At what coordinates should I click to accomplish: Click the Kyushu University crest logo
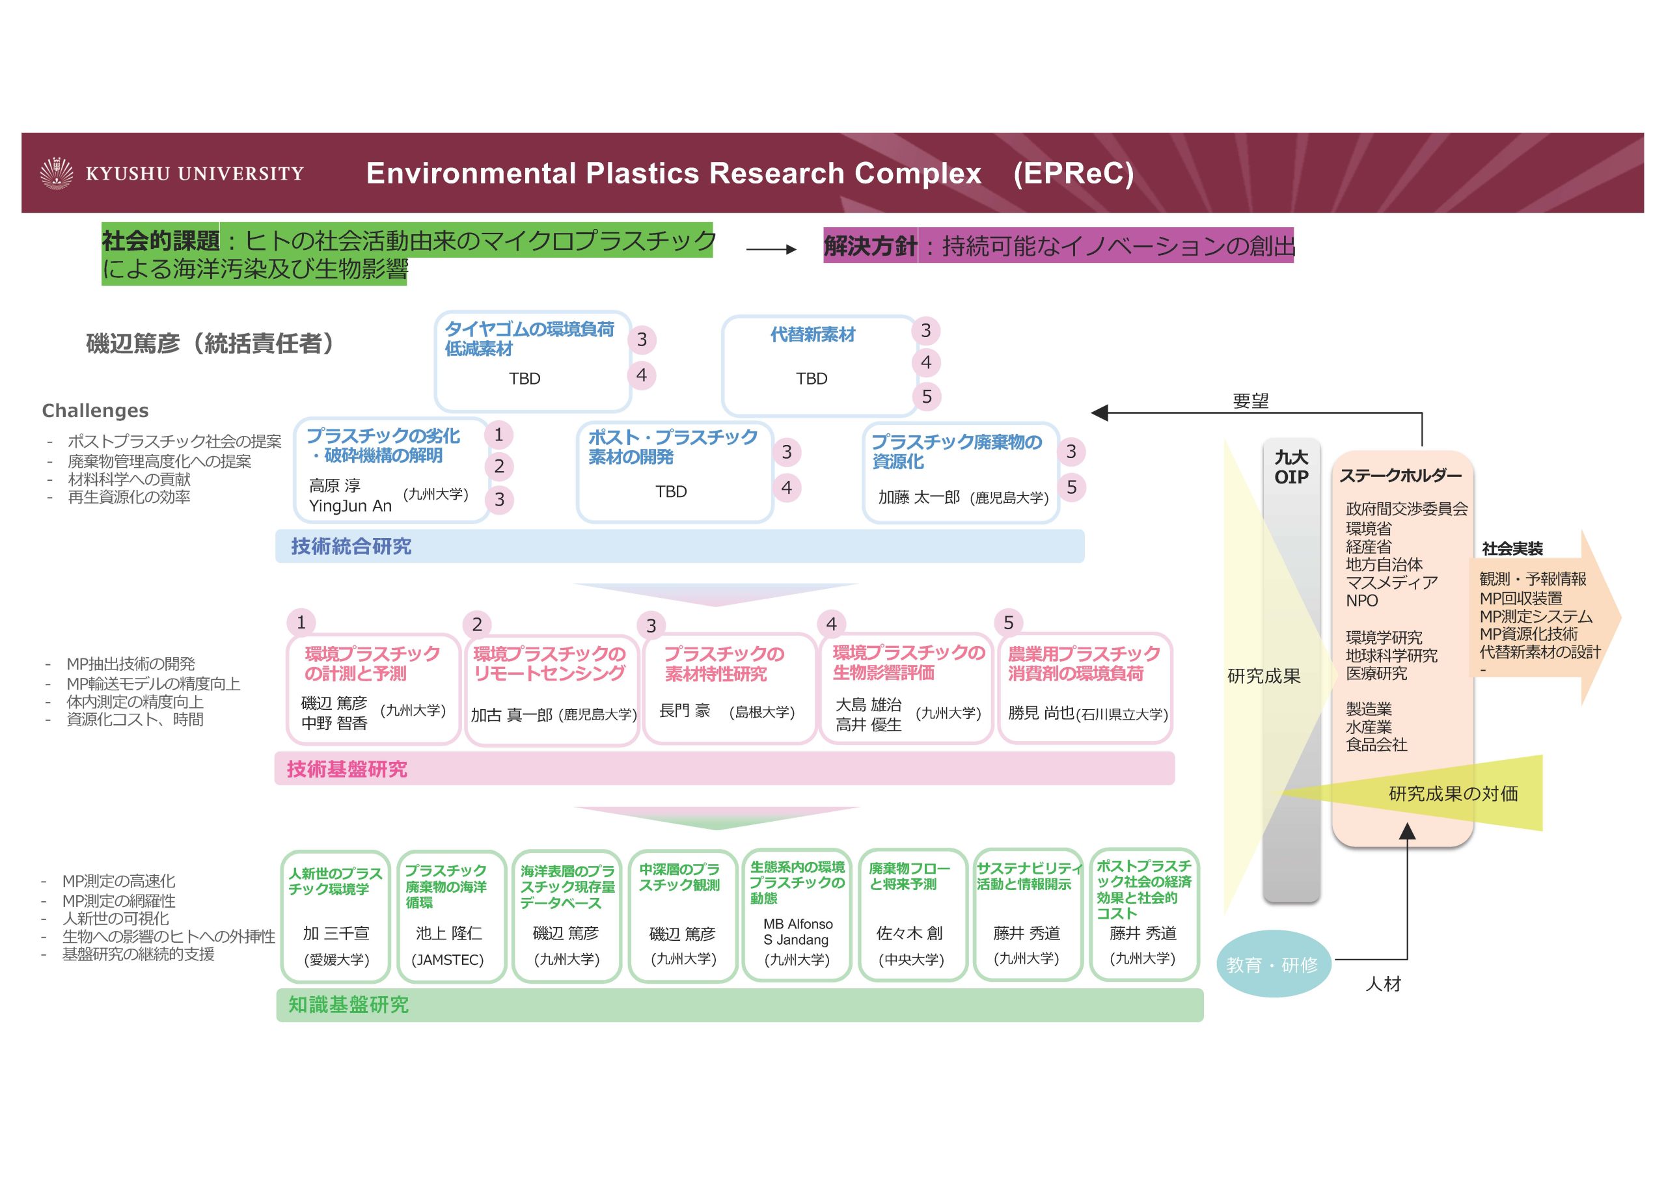point(57,174)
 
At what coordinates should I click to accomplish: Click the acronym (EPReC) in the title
point(1073,174)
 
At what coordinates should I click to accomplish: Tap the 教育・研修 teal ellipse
point(1272,964)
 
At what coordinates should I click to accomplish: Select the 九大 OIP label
point(1291,467)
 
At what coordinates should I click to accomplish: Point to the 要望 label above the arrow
point(1250,401)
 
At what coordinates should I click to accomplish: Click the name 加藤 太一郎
point(919,497)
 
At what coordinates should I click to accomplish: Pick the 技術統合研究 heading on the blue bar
point(351,547)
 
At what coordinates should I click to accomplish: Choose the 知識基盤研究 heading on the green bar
point(348,1005)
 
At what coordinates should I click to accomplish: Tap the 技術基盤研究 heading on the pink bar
point(347,769)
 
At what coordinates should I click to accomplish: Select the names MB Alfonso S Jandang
point(797,932)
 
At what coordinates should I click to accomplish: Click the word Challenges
point(95,411)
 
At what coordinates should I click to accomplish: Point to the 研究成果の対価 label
point(1453,794)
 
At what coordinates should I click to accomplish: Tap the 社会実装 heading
point(1512,548)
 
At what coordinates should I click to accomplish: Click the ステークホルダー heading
point(1400,476)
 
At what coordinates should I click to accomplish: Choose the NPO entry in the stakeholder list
point(1361,601)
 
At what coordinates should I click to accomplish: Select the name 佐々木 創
point(909,933)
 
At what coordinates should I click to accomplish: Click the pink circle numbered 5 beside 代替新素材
point(927,397)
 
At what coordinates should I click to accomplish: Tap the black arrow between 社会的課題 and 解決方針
point(771,250)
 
